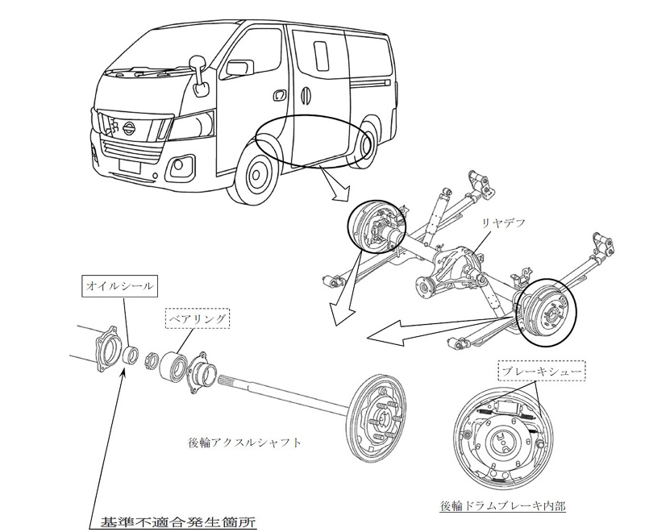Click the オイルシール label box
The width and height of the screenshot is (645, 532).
coord(119,285)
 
